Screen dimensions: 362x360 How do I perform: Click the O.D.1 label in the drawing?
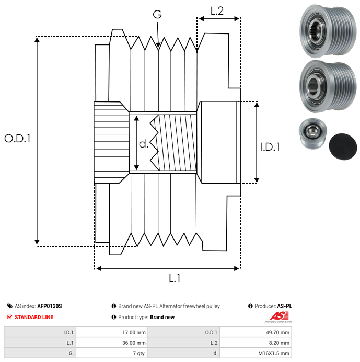tap(18, 139)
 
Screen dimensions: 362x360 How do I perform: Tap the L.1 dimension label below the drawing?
tap(175, 278)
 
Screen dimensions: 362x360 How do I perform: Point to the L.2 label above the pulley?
tap(217, 10)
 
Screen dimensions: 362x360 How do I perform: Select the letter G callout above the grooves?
tap(157, 15)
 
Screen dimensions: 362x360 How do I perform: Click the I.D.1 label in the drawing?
tap(270, 147)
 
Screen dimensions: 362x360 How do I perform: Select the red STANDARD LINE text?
tap(34, 317)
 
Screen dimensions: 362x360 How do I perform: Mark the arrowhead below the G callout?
tap(158, 46)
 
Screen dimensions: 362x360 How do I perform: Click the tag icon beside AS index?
tap(10, 306)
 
